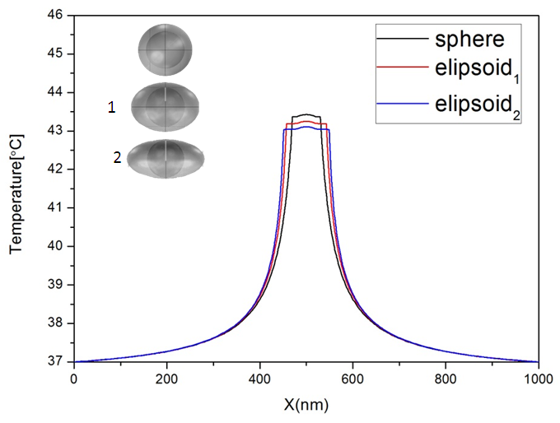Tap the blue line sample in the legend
click(401, 105)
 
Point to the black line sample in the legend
click(401, 38)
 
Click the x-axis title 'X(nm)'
click(306, 406)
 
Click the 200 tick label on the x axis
click(166, 379)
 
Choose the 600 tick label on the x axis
click(352, 379)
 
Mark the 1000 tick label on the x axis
click(538, 379)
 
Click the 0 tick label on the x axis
click(74, 379)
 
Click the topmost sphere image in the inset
click(166, 49)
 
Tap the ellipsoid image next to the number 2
click(165, 158)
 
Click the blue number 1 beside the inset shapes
click(112, 107)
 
